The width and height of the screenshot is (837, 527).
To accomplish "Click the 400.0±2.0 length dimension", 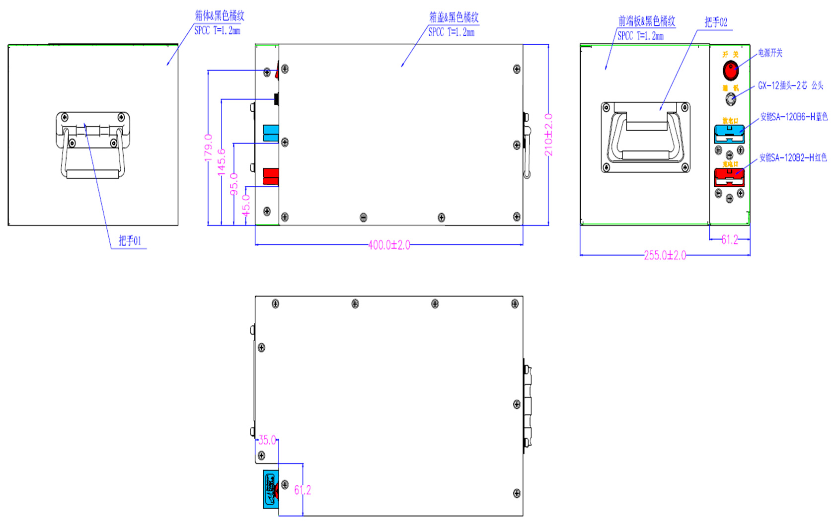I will (x=389, y=245).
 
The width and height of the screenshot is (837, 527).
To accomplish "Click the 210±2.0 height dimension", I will (x=548, y=135).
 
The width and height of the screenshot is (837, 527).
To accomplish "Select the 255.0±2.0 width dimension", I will (x=665, y=255).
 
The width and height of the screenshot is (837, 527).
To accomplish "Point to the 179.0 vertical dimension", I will (x=208, y=147).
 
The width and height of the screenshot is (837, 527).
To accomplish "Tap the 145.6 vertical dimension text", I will (x=222, y=162).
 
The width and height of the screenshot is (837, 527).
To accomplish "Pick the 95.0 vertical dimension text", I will (x=234, y=184).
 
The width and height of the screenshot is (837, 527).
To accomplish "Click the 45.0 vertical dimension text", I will (x=246, y=205).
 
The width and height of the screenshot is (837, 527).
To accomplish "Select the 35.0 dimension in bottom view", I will (x=267, y=440).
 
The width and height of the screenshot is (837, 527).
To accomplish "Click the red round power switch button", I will (x=730, y=71).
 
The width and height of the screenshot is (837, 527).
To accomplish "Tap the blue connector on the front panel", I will (x=729, y=134).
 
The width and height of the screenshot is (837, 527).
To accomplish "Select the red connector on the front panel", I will (x=729, y=177).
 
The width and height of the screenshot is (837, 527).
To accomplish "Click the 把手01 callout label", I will (x=130, y=241).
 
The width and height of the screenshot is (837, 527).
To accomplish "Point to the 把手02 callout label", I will (x=716, y=22).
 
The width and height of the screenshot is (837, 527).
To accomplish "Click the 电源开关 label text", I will (x=770, y=53).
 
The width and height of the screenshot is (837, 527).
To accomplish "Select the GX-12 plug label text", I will (x=790, y=85).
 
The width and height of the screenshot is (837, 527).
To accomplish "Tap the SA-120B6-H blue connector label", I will (x=794, y=117).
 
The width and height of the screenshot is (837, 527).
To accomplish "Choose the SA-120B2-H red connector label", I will (x=793, y=158).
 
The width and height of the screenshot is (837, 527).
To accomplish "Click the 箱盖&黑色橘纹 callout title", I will (x=454, y=17).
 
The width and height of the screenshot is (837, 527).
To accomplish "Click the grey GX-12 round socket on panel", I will (x=730, y=99).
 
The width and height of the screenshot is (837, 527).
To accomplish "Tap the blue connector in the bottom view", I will (x=271, y=489).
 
